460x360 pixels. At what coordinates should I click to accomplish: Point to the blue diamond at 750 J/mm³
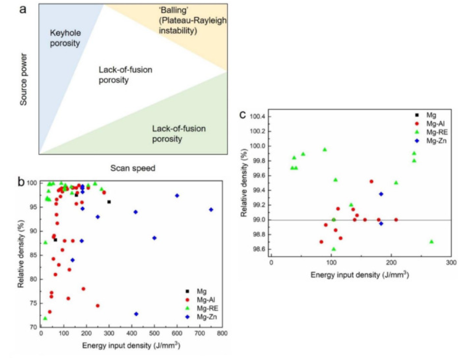point(211,209)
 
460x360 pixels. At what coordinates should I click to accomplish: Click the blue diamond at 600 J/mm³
point(177,196)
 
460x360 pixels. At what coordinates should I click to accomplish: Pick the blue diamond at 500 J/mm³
point(154,238)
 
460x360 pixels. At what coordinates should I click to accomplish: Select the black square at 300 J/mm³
point(109,202)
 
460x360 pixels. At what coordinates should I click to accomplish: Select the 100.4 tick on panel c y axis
point(255,117)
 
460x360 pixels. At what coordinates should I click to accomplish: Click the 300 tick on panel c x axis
point(450,262)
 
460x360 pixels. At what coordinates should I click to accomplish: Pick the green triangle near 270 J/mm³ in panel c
point(432,242)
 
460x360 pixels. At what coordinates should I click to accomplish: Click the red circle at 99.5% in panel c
point(371,181)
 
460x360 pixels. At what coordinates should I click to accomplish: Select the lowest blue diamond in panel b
point(136,314)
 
